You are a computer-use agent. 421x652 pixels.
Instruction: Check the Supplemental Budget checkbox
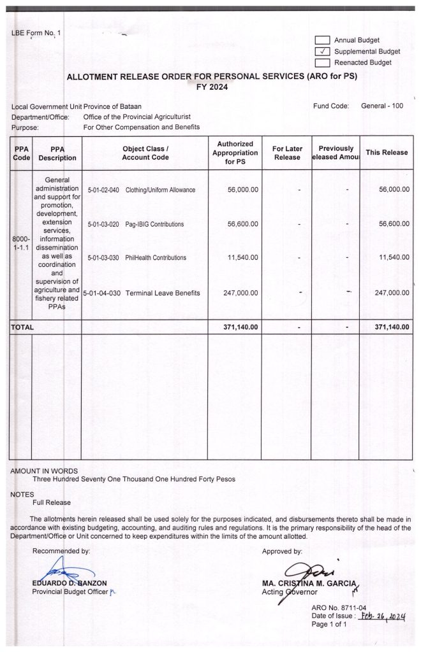pos(322,51)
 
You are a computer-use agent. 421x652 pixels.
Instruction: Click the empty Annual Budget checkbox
pos(322,40)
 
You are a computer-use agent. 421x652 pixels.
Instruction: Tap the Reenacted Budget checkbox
pos(322,62)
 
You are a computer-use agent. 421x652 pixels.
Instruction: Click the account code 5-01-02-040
pos(102,190)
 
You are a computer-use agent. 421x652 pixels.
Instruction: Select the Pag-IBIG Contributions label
pos(154,224)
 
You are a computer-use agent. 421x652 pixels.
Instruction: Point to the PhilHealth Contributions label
pos(156,258)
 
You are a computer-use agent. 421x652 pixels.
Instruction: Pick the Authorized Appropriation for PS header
pos(235,153)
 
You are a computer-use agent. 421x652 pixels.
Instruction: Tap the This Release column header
pos(387,153)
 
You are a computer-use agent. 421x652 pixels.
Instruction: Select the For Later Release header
pos(286,153)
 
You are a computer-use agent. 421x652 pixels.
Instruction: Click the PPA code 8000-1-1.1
pos(21,243)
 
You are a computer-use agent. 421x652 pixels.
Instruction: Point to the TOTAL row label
pos(22,327)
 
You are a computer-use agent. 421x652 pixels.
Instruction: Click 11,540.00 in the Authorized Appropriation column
pos(242,258)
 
